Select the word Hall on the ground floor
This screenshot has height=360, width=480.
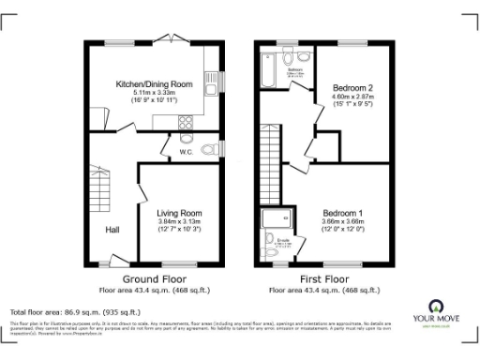[112, 227]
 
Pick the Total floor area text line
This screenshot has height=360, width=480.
[75, 310]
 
